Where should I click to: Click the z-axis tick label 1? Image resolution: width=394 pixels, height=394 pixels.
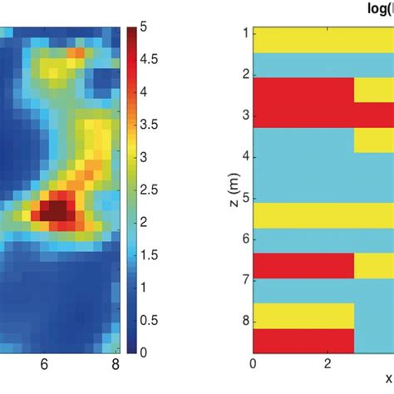[x=244, y=34]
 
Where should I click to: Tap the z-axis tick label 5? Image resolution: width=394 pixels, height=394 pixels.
[x=244, y=199]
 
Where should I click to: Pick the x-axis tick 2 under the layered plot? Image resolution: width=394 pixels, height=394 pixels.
[x=328, y=364]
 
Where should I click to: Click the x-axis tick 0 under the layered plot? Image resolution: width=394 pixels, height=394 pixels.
[x=253, y=364]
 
